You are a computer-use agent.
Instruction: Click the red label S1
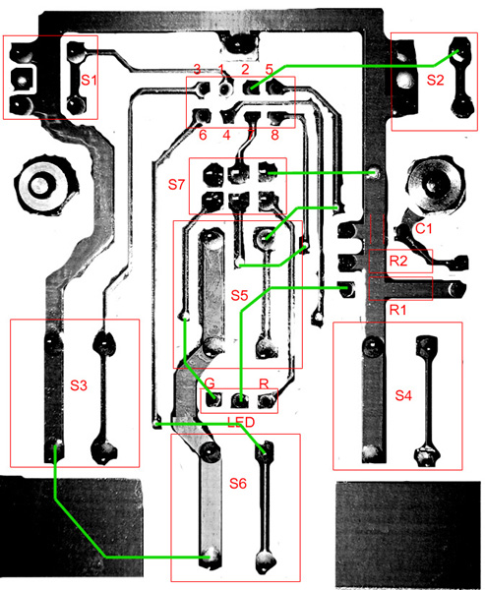click(89, 81)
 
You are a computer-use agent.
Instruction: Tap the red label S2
click(435, 80)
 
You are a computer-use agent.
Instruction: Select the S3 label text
click(79, 384)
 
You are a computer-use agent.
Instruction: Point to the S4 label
click(403, 395)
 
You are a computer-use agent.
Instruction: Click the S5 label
click(239, 296)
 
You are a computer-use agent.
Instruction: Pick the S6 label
click(238, 483)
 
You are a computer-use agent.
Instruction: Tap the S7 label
click(177, 185)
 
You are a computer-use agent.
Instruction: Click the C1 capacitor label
click(424, 228)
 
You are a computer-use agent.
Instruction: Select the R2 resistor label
click(398, 261)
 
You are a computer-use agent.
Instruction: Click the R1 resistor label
click(397, 310)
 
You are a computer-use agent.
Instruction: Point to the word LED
click(241, 422)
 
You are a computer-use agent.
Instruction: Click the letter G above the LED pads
click(210, 383)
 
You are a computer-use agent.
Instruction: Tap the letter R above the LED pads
click(264, 383)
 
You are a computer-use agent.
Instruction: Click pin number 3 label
click(197, 69)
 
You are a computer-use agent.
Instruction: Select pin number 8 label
click(274, 135)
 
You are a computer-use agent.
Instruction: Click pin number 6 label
click(203, 135)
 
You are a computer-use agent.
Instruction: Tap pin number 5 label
click(269, 69)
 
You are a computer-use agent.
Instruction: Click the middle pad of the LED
click(239, 400)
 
